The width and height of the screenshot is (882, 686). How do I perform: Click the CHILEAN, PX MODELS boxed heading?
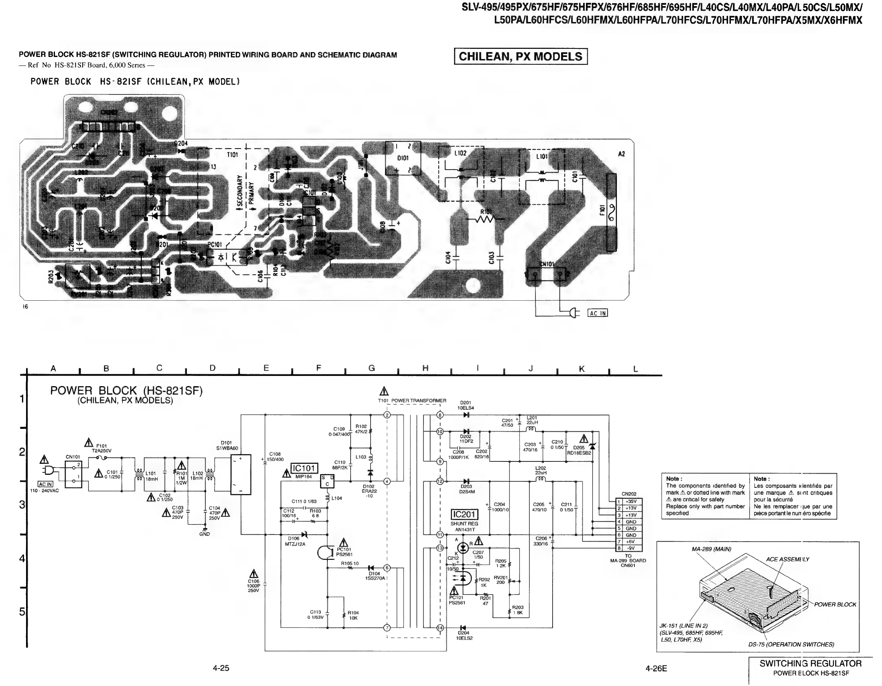click(x=520, y=57)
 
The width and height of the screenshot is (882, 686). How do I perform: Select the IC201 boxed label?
click(x=464, y=515)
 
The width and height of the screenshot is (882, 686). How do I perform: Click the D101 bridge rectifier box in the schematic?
click(x=241, y=474)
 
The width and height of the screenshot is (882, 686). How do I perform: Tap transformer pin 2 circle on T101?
click(x=387, y=415)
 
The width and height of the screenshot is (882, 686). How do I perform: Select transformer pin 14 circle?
click(x=440, y=628)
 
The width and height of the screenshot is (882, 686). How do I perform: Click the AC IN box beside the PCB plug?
click(x=598, y=313)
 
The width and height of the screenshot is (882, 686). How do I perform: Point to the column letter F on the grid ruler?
click(x=319, y=368)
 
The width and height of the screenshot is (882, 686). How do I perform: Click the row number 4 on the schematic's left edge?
click(x=22, y=558)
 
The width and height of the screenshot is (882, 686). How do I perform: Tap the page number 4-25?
click(x=221, y=668)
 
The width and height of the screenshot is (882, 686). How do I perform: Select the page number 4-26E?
click(x=656, y=668)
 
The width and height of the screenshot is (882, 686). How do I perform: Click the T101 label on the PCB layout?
click(x=232, y=155)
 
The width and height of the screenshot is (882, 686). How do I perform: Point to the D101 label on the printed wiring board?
click(x=403, y=158)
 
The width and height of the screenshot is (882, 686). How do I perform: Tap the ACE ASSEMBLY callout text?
click(x=788, y=559)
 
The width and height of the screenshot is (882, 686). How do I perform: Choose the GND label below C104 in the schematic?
click(x=204, y=534)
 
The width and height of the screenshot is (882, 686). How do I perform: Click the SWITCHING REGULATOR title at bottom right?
click(x=810, y=664)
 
